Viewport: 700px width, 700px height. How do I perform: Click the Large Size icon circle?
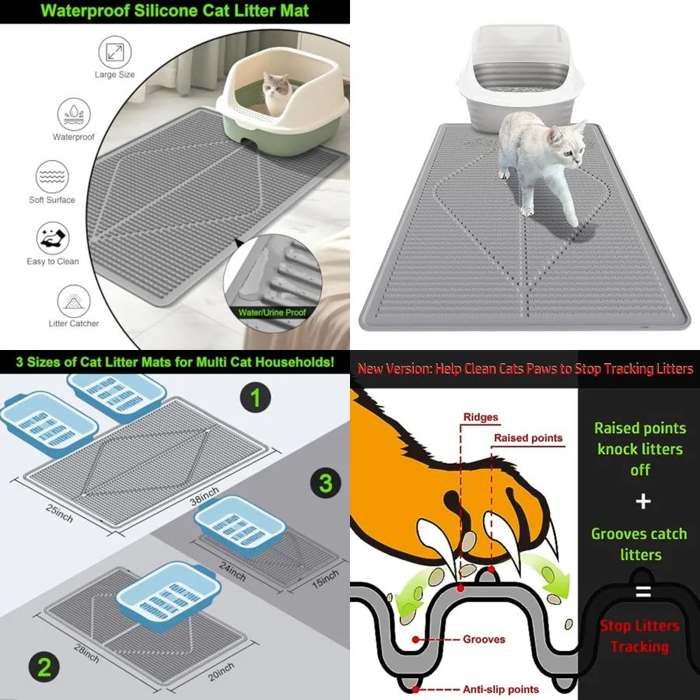point(115,52)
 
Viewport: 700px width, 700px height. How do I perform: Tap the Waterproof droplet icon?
point(74,115)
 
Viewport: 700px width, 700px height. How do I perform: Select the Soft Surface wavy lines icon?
point(52,177)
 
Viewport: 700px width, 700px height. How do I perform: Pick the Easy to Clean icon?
point(53,239)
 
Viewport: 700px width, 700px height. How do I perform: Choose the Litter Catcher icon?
point(74,301)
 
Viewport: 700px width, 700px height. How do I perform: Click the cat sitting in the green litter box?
point(276,92)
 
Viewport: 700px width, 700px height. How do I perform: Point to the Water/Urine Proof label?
point(272,313)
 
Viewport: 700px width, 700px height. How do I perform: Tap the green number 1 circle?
point(255,397)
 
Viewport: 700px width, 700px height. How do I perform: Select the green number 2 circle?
point(44,667)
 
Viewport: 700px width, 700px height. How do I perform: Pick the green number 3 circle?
point(325,483)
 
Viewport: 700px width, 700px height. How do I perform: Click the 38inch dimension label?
point(205,496)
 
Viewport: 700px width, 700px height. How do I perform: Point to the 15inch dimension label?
point(325,579)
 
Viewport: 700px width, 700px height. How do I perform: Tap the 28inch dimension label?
point(86,653)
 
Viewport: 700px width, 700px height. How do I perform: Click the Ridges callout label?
point(481,418)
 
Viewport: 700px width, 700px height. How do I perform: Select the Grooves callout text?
point(484,639)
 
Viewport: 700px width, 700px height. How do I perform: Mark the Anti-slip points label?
point(500,689)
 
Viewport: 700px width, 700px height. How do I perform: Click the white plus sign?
point(643,502)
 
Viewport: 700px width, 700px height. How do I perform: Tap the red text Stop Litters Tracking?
point(640,636)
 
